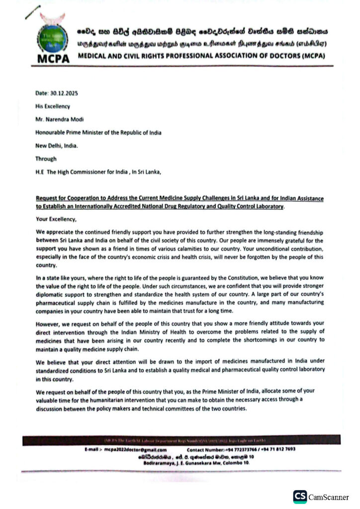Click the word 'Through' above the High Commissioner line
pyautogui.click(x=46, y=159)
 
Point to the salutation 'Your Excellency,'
pyautogui.click(x=56, y=219)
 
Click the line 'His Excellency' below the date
pyautogui.click(x=53, y=106)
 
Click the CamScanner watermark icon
pyautogui.click(x=299, y=497)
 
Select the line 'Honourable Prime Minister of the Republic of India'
pyautogui.click(x=98, y=132)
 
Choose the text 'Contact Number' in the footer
pyautogui.click(x=207, y=449)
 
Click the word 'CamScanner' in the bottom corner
pyautogui.click(x=329, y=497)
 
